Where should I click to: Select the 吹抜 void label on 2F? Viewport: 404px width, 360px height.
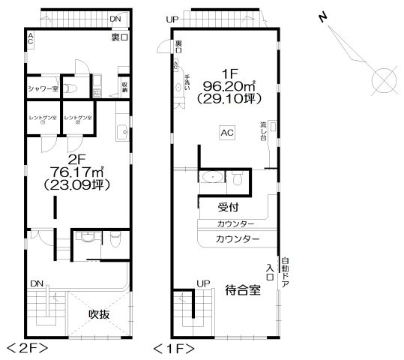pos(98,313)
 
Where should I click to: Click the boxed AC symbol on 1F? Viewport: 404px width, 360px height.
pos(228,133)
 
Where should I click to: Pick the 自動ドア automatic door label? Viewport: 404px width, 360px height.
pos(286,274)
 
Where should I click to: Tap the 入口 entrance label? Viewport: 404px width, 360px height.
pos(270,268)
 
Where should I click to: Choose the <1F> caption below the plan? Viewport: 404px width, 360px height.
pos(174,349)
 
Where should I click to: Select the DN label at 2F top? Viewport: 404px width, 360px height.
pos(114,18)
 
